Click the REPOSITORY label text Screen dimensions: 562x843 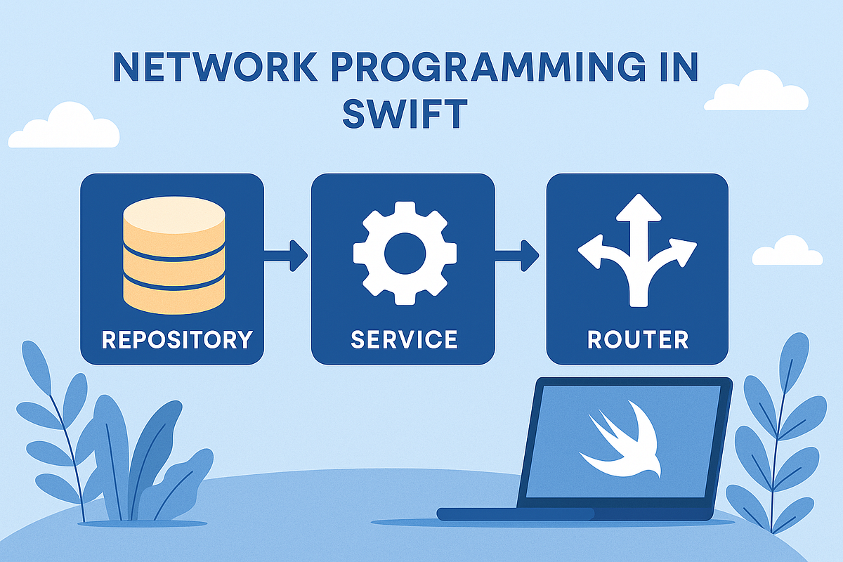pos(176,339)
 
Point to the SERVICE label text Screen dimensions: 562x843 pos(404,339)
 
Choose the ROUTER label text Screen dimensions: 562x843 pos(638,339)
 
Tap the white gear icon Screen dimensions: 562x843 pos(405,253)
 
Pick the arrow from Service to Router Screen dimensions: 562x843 pos(518,255)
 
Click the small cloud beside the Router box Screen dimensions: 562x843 pos(787,251)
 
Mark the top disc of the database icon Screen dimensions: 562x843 pos(174,215)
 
